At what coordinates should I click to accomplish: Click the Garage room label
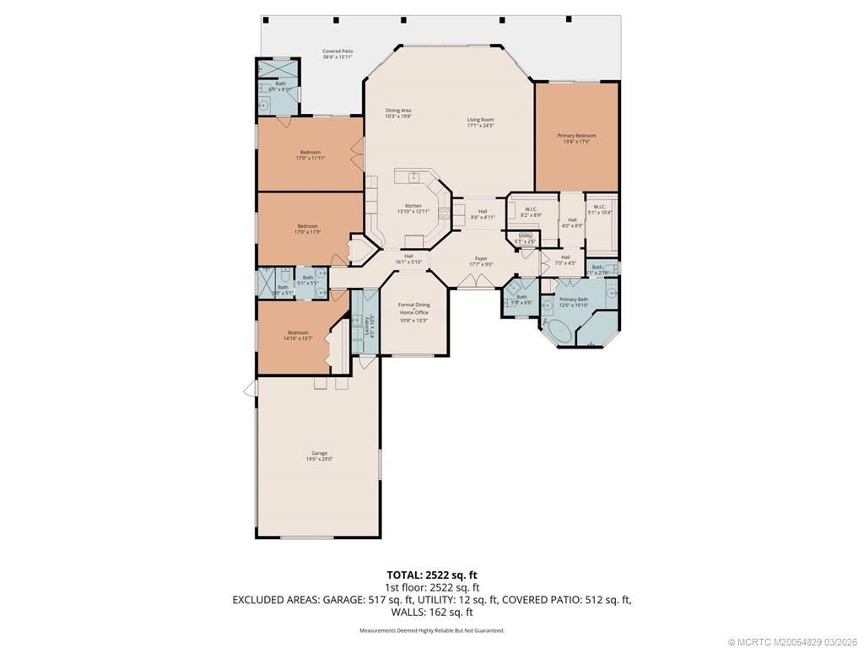pos(318,453)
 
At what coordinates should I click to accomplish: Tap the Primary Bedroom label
pos(576,136)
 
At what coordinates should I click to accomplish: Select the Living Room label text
pos(480,120)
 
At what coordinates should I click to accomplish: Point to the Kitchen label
pos(413,206)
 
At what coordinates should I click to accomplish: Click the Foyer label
pos(481,259)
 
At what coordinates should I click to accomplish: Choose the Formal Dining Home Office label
pos(413,308)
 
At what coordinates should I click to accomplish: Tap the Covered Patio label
pos(337,51)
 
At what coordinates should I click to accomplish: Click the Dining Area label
pos(398,111)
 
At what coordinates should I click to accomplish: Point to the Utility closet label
pos(525,235)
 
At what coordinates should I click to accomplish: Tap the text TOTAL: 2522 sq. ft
pos(431,575)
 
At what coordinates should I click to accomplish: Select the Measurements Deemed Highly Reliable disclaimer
pos(431,630)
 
